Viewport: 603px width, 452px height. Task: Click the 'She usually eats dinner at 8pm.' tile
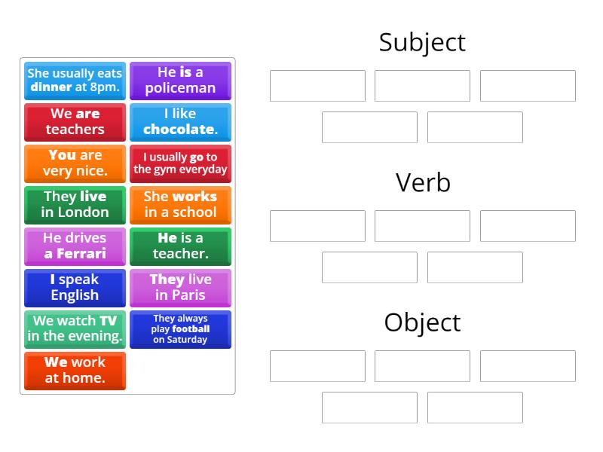pyautogui.click(x=75, y=81)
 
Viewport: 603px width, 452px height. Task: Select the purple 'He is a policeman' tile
pyautogui.click(x=180, y=81)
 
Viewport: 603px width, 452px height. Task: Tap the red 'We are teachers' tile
pyautogui.click(x=75, y=122)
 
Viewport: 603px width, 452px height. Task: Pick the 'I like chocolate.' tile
pyautogui.click(x=180, y=122)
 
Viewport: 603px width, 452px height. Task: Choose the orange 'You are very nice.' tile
pyautogui.click(x=75, y=163)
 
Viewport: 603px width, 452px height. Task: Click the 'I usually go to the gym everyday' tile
pyautogui.click(x=180, y=163)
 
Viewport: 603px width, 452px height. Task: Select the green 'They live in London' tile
pyautogui.click(x=75, y=205)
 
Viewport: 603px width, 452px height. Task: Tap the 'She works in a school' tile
pyautogui.click(x=180, y=205)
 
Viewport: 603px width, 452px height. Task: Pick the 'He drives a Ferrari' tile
pyautogui.click(x=75, y=247)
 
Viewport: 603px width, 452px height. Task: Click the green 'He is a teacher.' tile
pyautogui.click(x=180, y=247)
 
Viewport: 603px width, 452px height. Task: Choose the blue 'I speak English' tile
pyautogui.click(x=75, y=289)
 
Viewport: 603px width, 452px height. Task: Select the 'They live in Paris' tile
pyautogui.click(x=180, y=289)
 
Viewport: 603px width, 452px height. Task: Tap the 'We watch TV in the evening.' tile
pyautogui.click(x=75, y=330)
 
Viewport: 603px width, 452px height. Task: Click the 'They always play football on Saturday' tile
pyautogui.click(x=180, y=330)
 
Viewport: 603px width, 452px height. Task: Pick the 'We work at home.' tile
pyautogui.click(x=75, y=371)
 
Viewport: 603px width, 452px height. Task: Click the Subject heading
pyautogui.click(x=422, y=43)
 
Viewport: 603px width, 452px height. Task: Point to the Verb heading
pyautogui.click(x=423, y=182)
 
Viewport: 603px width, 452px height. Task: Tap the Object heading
pyautogui.click(x=422, y=323)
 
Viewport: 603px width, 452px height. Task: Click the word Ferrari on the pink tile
pyautogui.click(x=81, y=254)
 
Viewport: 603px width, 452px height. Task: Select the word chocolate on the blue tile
pyautogui.click(x=180, y=130)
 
